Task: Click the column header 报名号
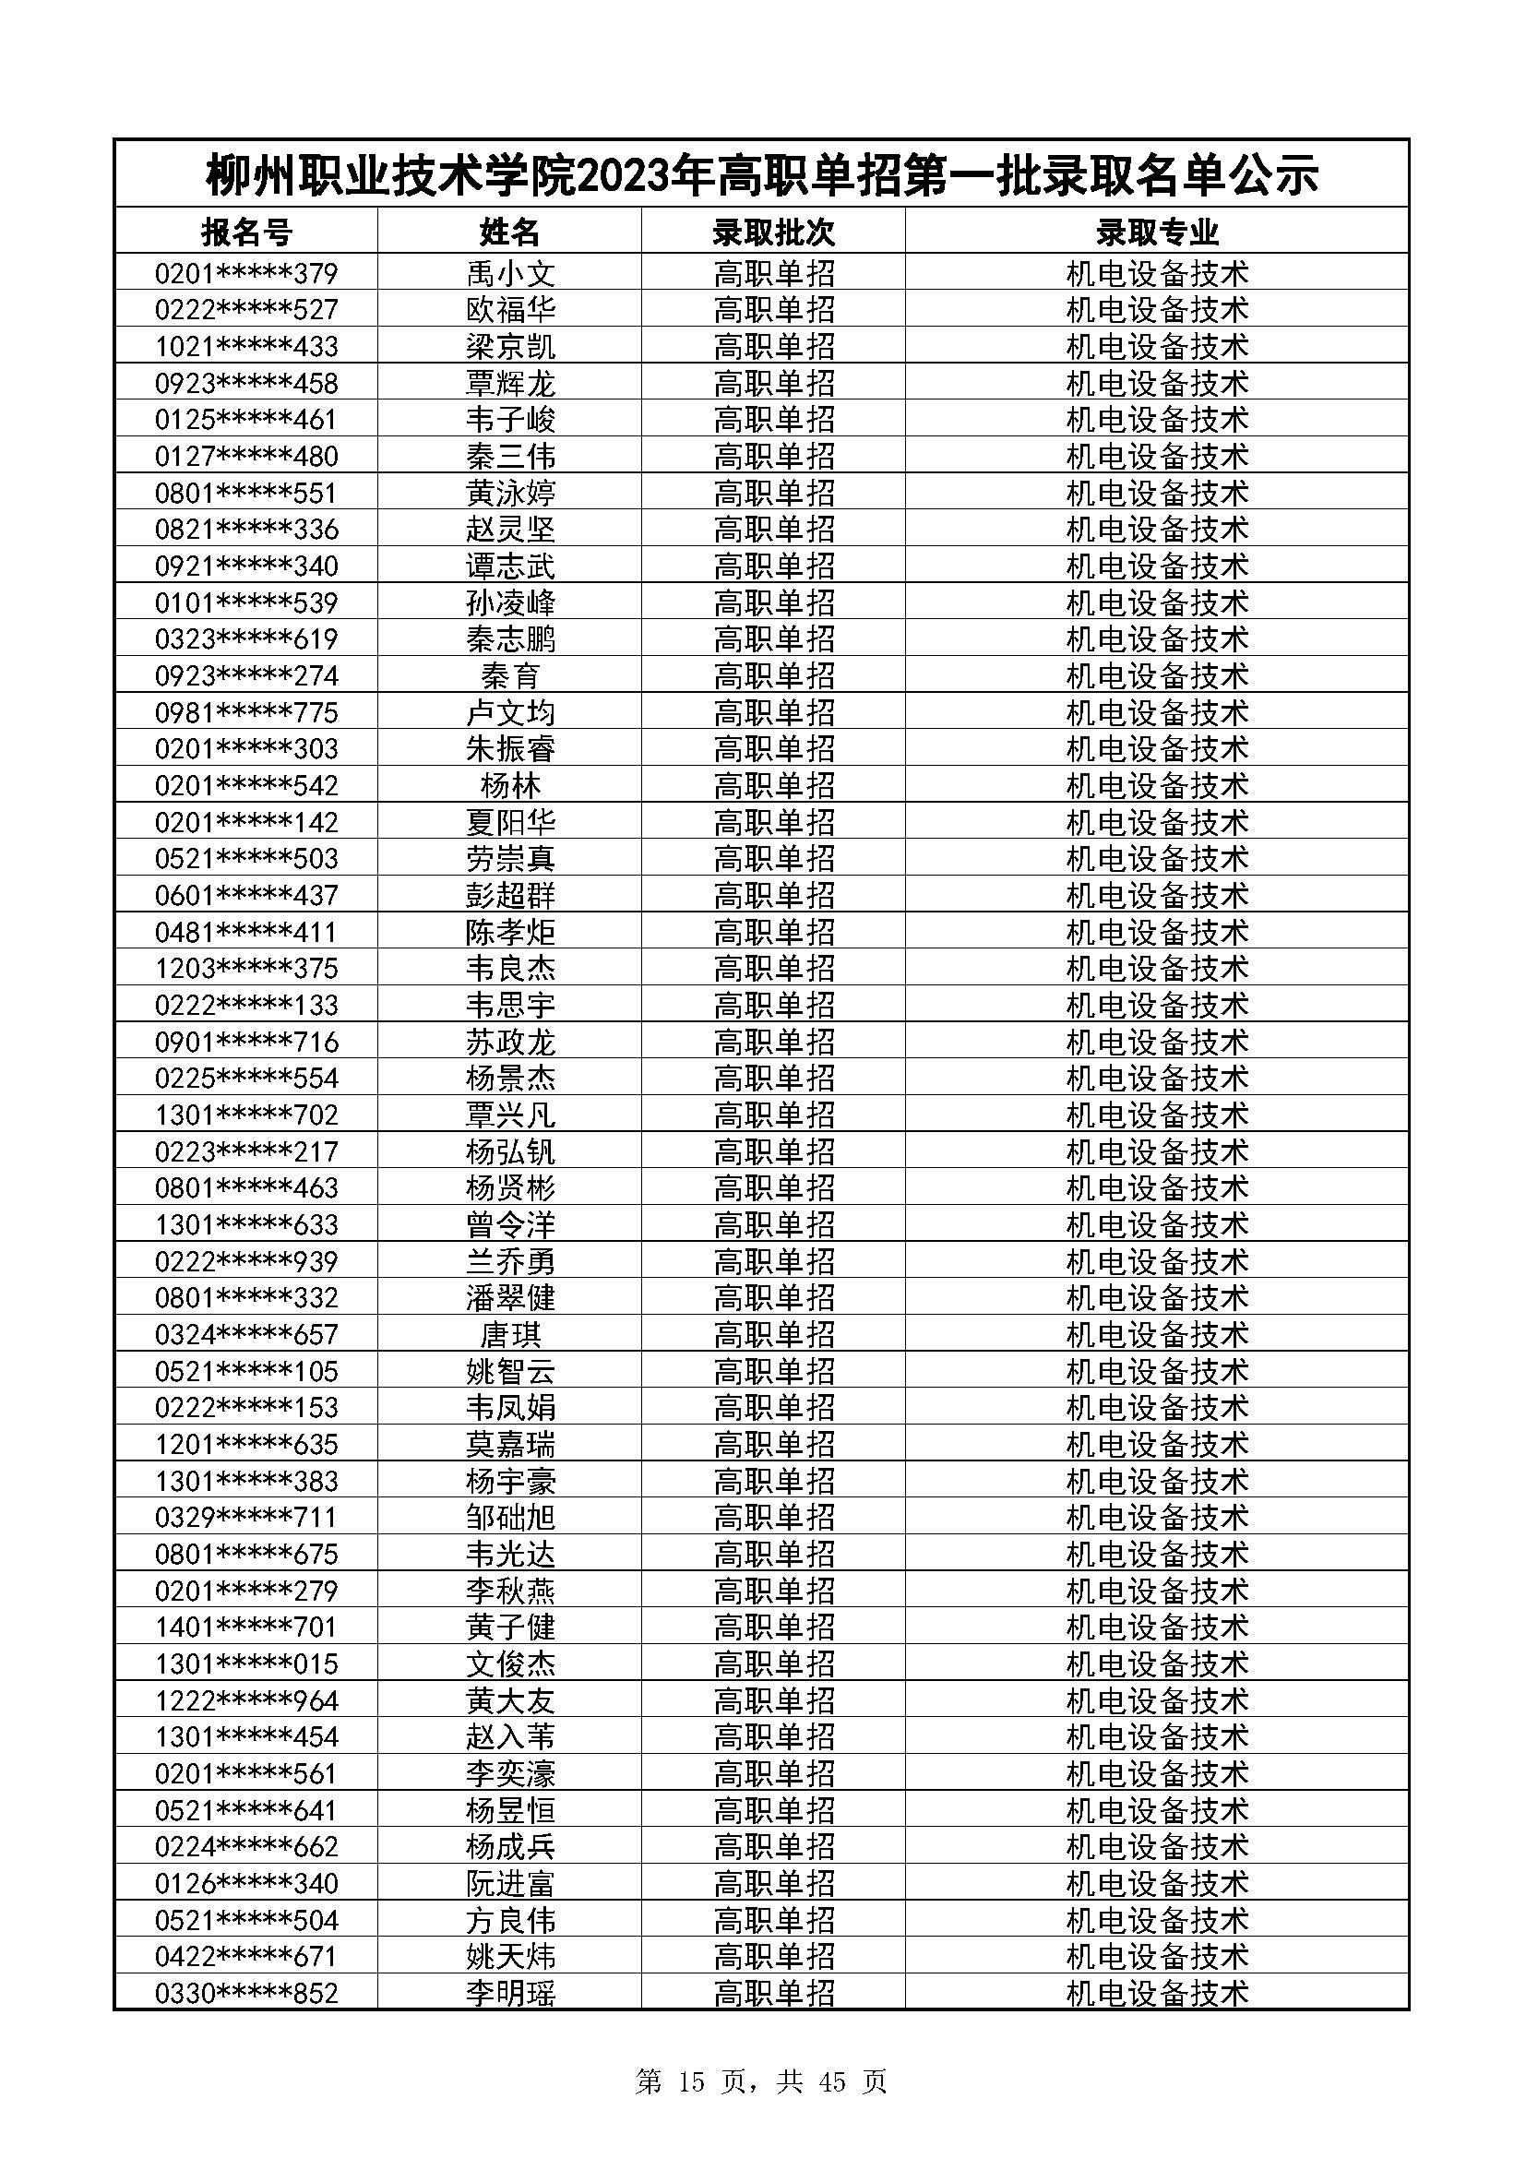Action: (x=246, y=232)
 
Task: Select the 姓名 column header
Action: (x=510, y=232)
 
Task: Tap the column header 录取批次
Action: (x=773, y=232)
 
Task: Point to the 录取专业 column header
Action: (x=1157, y=232)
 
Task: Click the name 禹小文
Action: (x=510, y=273)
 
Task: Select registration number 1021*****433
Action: (x=246, y=347)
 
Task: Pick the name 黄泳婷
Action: (x=510, y=494)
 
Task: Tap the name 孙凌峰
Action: (x=510, y=602)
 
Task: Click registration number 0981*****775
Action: (x=246, y=712)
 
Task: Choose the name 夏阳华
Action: (x=510, y=822)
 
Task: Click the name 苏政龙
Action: (x=510, y=1042)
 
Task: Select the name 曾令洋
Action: (x=510, y=1224)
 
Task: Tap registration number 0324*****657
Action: (x=246, y=1335)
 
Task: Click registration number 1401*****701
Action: (x=246, y=1627)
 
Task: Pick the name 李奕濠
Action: (x=510, y=1773)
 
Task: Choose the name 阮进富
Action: (x=510, y=1884)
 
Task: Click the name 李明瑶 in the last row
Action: (x=510, y=1994)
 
